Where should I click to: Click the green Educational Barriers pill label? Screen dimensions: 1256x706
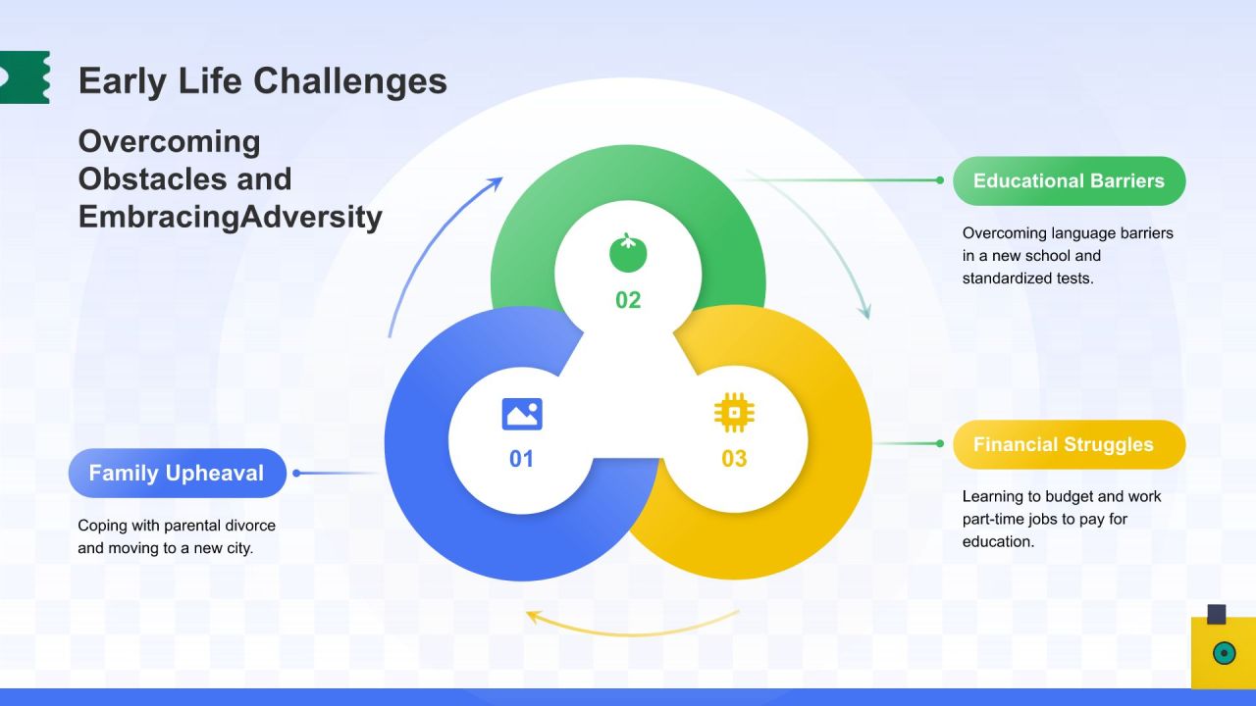tap(1069, 180)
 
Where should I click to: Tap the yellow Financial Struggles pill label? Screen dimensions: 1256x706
tap(1069, 444)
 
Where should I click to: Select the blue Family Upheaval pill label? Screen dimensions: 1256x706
tap(178, 473)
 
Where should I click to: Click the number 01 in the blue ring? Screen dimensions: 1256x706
tap(521, 459)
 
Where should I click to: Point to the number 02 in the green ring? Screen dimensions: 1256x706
tap(627, 300)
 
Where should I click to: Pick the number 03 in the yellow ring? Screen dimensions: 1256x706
tap(734, 459)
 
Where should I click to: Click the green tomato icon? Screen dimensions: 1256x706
tap(628, 253)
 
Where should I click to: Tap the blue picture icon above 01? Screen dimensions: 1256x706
tap(522, 414)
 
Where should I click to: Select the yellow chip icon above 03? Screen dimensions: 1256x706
tap(734, 413)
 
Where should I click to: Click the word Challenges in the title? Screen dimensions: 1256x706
tap(350, 81)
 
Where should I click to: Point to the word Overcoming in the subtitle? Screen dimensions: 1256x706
tap(170, 142)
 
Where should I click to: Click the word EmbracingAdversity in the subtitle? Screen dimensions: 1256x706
tap(231, 217)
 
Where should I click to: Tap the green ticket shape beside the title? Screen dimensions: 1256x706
tap(25, 77)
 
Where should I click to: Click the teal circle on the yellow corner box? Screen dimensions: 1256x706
tap(1224, 653)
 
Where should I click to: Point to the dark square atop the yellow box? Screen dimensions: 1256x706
tap(1217, 614)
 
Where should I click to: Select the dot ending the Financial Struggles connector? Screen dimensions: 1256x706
tap(940, 444)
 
